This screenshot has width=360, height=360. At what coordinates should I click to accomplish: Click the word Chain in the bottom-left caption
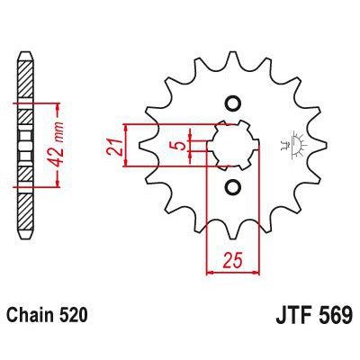pos(32,317)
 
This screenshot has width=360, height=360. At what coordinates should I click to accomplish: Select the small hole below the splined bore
pos(232,186)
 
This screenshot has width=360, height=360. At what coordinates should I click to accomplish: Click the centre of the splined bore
pos(232,144)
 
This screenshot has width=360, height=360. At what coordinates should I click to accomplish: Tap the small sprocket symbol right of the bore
pos(292,142)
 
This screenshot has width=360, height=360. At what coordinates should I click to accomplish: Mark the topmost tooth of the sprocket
pos(232,49)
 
